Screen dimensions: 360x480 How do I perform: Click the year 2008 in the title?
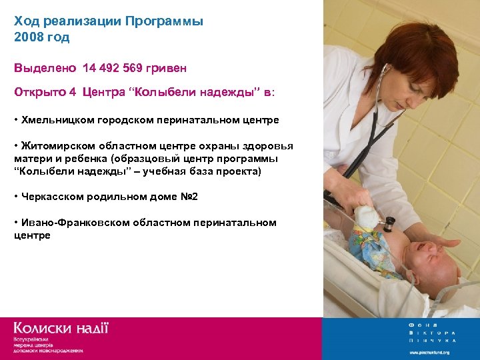[27, 37]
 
